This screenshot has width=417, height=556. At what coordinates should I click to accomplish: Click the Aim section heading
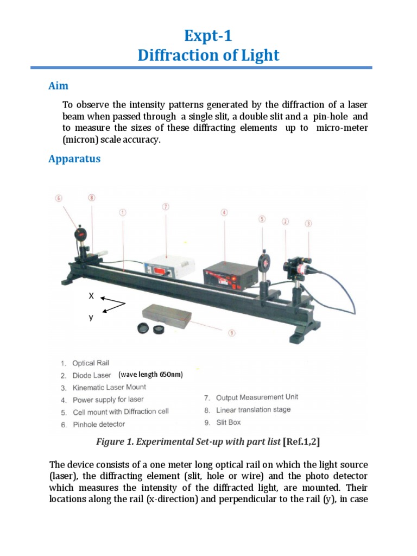coord(58,86)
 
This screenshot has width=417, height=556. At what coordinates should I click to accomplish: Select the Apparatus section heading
coord(74,159)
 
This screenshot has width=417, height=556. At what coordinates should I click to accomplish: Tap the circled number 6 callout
coord(59,198)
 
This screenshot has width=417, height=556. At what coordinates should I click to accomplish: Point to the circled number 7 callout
coord(166,207)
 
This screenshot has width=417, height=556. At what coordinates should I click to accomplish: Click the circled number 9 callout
coord(232,333)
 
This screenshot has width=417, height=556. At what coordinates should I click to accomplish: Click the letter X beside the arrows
coord(91,296)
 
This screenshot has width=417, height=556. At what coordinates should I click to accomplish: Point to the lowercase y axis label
coord(91,318)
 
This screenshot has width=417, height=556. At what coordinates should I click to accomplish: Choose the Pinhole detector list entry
coord(98,424)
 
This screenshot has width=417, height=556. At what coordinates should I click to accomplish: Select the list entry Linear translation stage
coord(252,410)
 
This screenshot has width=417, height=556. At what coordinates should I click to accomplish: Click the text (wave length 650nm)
coord(151,375)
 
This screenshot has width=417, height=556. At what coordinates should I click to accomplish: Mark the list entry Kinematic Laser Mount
coord(109,388)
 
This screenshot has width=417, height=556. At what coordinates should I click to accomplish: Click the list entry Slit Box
coord(228,422)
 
